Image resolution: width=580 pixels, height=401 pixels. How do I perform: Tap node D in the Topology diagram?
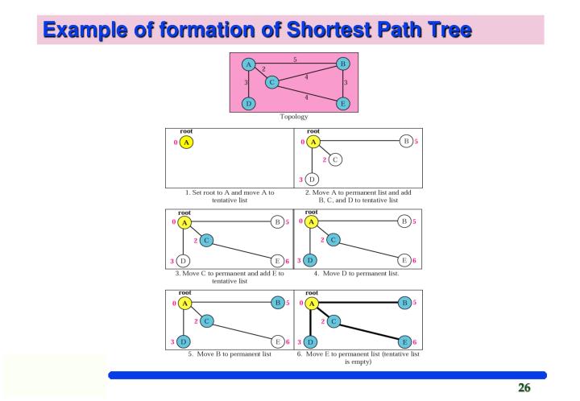tap(248, 104)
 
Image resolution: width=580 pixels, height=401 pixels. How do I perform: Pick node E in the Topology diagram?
tap(342, 104)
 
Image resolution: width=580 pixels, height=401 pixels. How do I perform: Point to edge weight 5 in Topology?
tap(296, 60)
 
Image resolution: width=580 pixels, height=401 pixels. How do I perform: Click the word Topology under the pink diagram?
tap(295, 116)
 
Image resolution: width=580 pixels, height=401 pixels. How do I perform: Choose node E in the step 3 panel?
tap(277, 260)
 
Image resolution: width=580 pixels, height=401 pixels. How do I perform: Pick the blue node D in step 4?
tap(313, 260)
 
